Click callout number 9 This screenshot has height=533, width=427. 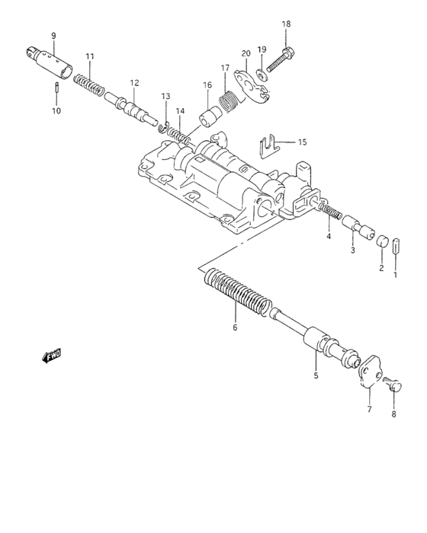click(x=53, y=36)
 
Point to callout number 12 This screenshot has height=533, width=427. click(x=134, y=83)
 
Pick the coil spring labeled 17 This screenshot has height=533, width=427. click(x=228, y=98)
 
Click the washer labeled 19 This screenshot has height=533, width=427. click(x=261, y=73)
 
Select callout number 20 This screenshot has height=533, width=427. click(x=246, y=53)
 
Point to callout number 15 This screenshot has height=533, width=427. click(x=302, y=142)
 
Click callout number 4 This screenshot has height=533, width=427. click(x=329, y=237)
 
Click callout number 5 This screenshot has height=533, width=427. click(x=316, y=375)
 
